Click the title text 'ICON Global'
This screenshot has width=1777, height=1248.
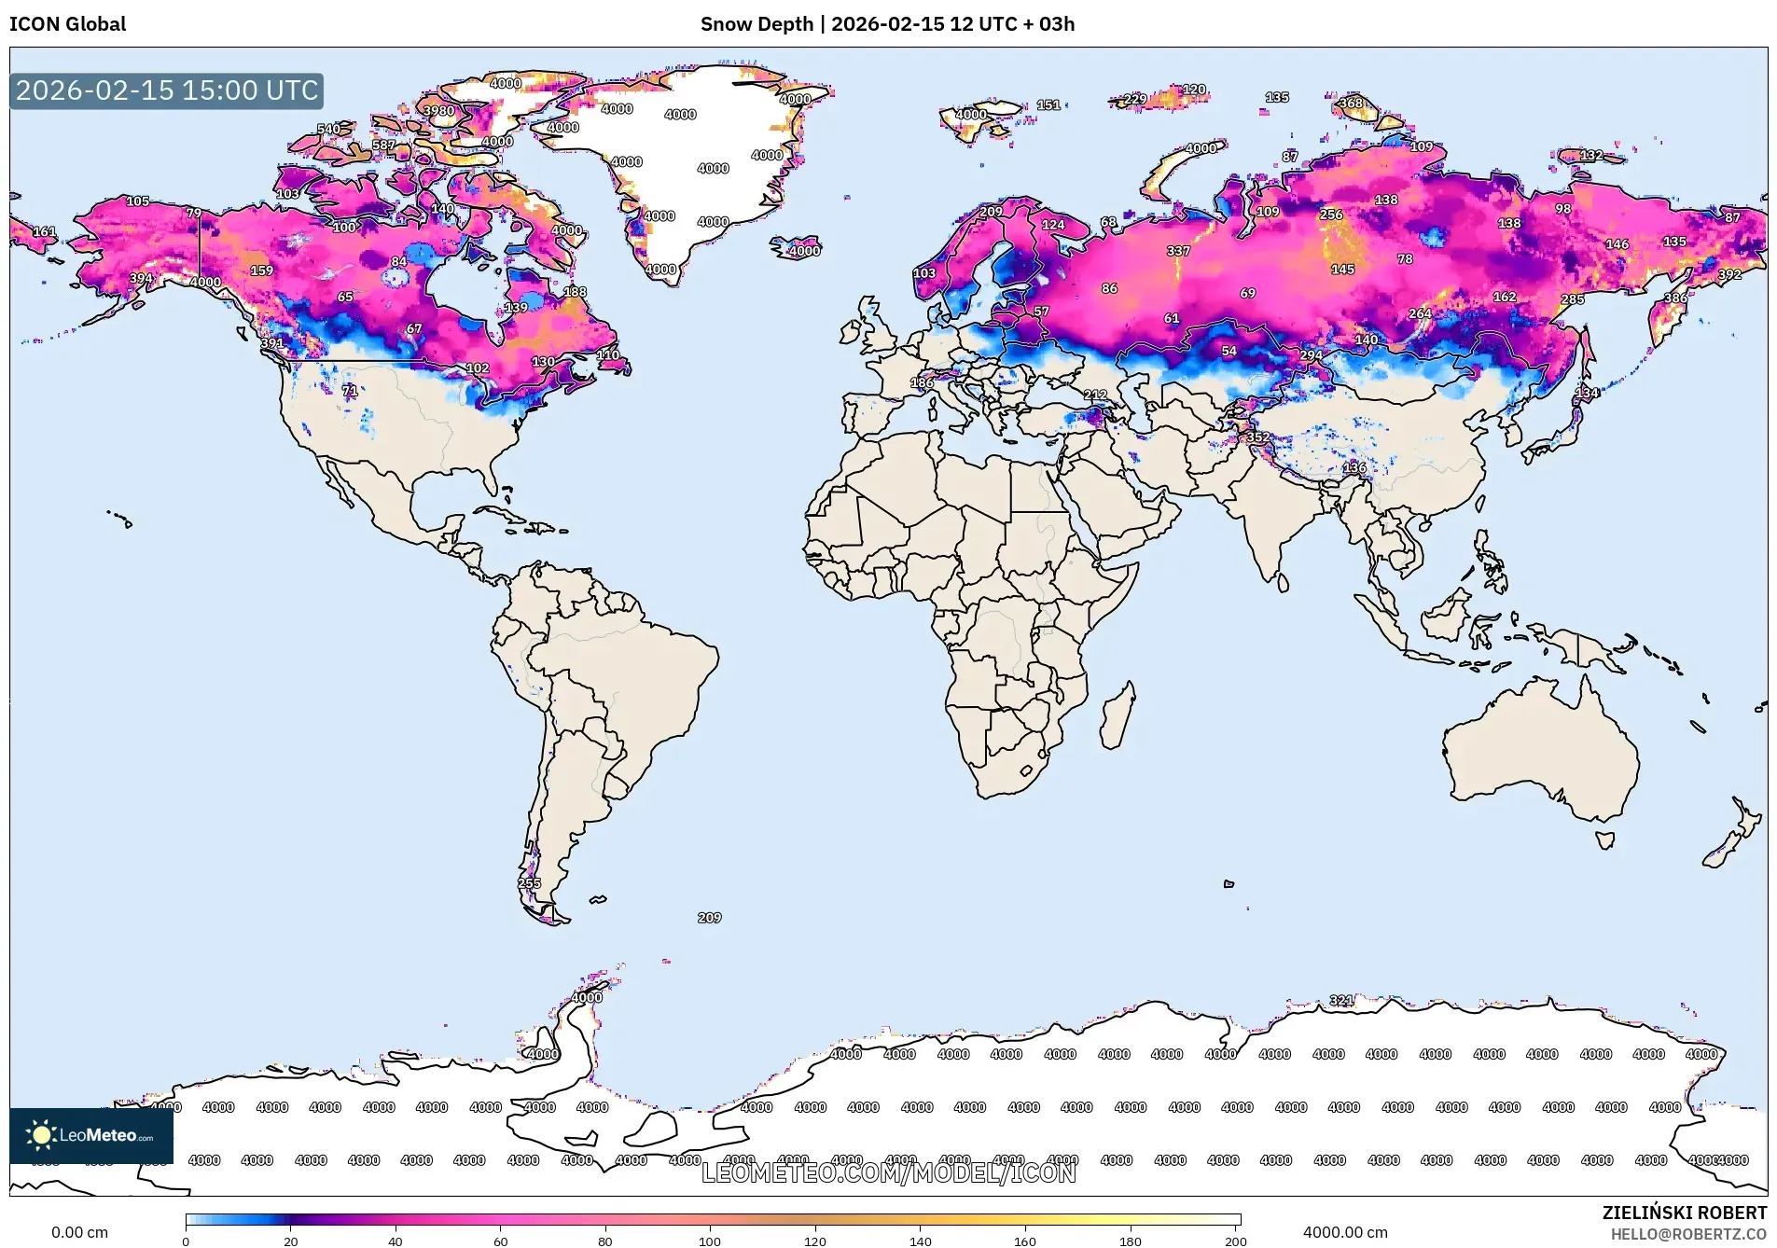coord(67,24)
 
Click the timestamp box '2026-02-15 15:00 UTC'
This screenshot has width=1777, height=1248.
coord(167,90)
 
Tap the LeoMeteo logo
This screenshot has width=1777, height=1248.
coord(90,1135)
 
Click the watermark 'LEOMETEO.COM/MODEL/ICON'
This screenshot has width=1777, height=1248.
coord(888,1172)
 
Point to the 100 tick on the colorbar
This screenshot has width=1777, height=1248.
coord(710,1241)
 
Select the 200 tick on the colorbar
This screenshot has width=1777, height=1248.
coord(1235,1241)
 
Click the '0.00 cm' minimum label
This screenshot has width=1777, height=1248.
coord(79,1232)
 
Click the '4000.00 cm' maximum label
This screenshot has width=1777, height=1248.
coord(1344,1232)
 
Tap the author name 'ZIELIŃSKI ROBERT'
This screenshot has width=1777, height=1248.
coord(1684,1213)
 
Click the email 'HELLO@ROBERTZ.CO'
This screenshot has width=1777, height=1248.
coord(1688,1234)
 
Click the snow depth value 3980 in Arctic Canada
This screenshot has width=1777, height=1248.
coord(438,110)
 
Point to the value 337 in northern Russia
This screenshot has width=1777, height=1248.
coord(1178,251)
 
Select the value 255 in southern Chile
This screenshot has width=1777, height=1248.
coord(529,883)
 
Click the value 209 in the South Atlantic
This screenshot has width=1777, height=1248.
coord(709,918)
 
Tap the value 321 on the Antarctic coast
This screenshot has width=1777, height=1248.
coord(1340,1000)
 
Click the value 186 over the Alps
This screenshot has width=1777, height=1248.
coord(922,382)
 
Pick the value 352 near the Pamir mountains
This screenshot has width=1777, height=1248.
coord(1257,437)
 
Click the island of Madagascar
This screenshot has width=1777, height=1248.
coord(1118,715)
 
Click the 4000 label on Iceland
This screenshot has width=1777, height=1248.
coord(804,251)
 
